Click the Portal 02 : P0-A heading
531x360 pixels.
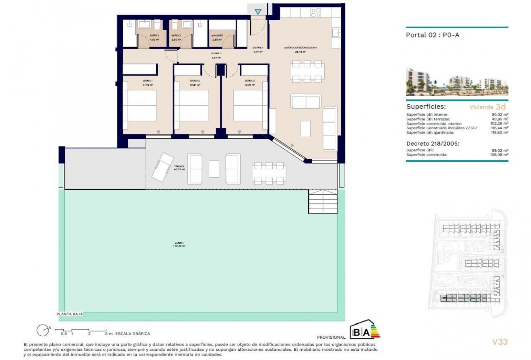point(432,35)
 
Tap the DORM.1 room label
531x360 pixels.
point(148,81)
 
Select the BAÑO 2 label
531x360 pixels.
point(176,36)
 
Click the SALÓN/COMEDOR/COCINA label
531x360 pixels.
point(300,47)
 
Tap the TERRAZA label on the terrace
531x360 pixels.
point(179,166)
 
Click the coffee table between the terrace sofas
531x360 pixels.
point(214,169)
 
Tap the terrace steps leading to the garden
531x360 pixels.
point(323,202)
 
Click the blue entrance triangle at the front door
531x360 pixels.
point(258,12)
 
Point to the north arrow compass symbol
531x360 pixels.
point(42,330)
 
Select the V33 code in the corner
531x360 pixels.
point(500,342)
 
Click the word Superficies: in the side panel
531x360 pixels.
point(426,107)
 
